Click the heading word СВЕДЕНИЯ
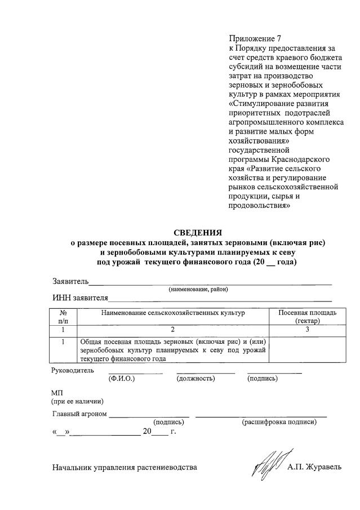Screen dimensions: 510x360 [197, 232]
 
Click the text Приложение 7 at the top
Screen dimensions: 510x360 [254, 39]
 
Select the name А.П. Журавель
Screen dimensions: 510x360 [314, 467]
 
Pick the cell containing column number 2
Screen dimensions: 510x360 [173, 330]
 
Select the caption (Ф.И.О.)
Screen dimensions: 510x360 [121, 379]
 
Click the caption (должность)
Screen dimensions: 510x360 [195, 379]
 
